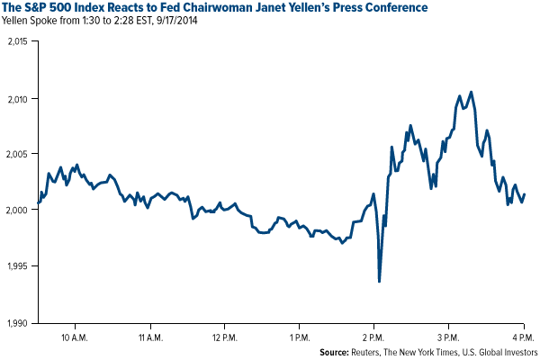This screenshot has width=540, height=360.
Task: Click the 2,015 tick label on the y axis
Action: pos(17,41)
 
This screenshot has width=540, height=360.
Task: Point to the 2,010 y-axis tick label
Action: pos(17,98)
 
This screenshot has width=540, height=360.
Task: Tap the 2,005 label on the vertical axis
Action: pos(17,154)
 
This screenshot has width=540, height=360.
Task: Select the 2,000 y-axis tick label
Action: pos(17,210)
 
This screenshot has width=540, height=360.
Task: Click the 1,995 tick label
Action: pos(17,266)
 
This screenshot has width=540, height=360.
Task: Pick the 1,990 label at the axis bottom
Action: pos(17,322)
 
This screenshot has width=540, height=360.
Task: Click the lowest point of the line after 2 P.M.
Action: pos(379,281)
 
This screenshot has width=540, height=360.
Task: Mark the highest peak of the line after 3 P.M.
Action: pos(460,94)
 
